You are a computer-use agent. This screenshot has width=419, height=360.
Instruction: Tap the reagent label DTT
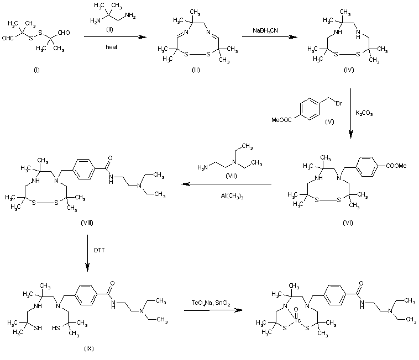click(x=101, y=251)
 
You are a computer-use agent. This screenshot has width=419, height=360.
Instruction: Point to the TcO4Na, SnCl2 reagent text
click(x=211, y=303)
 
